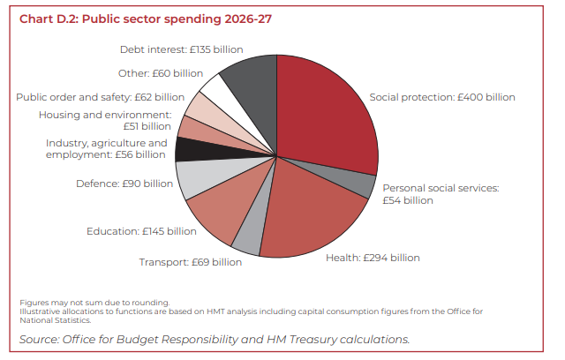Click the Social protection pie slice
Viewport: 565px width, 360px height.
[x=322, y=115]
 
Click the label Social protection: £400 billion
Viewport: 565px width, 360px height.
[x=441, y=97]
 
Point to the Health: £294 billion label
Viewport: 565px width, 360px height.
[x=373, y=258]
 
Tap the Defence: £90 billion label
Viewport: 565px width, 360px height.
[x=124, y=184]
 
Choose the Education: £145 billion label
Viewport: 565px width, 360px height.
[x=141, y=231]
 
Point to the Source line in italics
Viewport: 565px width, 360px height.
[x=215, y=339]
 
